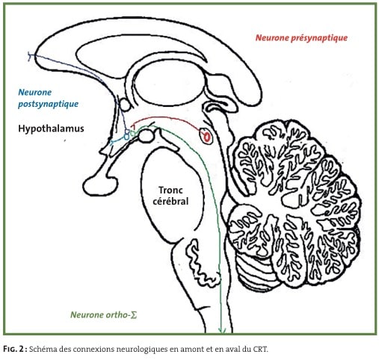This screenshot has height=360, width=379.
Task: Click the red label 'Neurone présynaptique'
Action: click(301, 38)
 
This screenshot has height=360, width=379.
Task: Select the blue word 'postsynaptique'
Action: click(48, 104)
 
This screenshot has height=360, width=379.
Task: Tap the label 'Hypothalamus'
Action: click(51, 128)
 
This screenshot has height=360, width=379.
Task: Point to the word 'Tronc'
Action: click(170, 190)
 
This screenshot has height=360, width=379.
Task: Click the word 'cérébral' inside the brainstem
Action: click(170, 201)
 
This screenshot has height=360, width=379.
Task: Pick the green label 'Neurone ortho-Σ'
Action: click(104, 315)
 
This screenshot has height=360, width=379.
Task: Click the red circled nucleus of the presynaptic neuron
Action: click(206, 136)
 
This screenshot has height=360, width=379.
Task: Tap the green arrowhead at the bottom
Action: click(222, 330)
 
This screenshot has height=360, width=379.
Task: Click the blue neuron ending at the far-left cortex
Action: click(31, 56)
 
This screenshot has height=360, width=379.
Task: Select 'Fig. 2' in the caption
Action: click(13, 350)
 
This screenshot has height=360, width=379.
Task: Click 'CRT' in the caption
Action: click(262, 350)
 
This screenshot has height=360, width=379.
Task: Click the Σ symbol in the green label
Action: click(134, 315)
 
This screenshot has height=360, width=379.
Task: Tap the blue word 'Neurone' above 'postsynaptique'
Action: click(35, 93)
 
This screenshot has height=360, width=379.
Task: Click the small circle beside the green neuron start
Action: click(145, 136)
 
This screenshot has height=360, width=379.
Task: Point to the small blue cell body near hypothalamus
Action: click(126, 137)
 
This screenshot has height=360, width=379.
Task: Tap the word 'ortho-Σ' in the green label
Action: click(122, 315)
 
